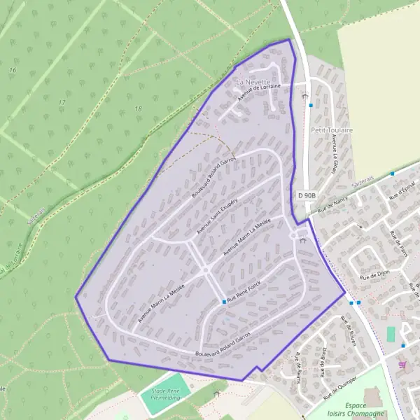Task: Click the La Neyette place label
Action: [x=253, y=82]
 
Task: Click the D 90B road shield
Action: [x=306, y=195]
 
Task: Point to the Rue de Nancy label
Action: [x=332, y=205]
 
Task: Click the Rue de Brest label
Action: [x=322, y=364]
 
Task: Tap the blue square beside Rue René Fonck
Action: [x=224, y=302]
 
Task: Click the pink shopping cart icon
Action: [x=402, y=365]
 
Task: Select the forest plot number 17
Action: [x=62, y=103]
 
